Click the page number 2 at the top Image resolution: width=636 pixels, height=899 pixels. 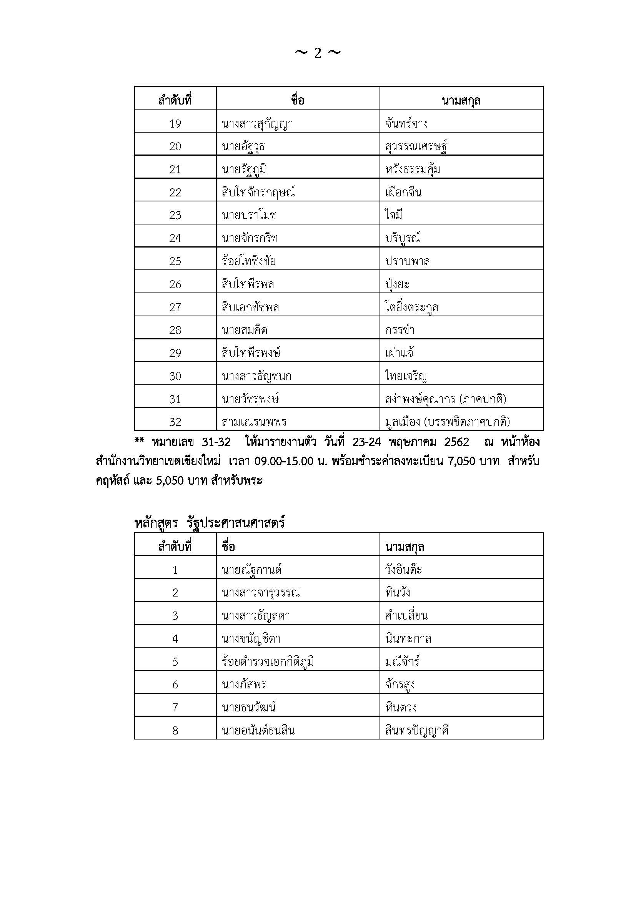pyautogui.click(x=318, y=53)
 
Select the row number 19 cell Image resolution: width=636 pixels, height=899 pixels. pyautogui.click(x=175, y=124)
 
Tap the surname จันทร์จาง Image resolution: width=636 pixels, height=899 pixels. pyautogui.click(x=406, y=124)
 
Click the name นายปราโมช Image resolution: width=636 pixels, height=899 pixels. pyautogui.click(x=250, y=215)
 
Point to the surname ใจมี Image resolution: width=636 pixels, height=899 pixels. pyautogui.click(x=394, y=215)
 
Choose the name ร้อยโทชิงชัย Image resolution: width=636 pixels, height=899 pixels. pyautogui.click(x=249, y=261)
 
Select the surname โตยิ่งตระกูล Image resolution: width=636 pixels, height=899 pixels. pyautogui.click(x=411, y=307)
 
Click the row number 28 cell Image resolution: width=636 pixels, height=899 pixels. pyautogui.click(x=175, y=330)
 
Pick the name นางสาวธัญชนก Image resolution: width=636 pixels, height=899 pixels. pyautogui.click(x=256, y=376)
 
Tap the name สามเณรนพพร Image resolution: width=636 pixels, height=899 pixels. pyautogui.click(x=254, y=422)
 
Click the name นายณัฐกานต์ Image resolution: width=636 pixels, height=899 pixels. pyautogui.click(x=252, y=570)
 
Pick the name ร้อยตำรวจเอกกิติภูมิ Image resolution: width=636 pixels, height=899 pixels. pyautogui.click(x=268, y=662)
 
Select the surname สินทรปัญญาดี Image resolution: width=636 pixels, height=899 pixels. pyautogui.click(x=417, y=731)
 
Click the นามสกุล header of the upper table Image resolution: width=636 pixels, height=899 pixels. pyautogui.click(x=461, y=101)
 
